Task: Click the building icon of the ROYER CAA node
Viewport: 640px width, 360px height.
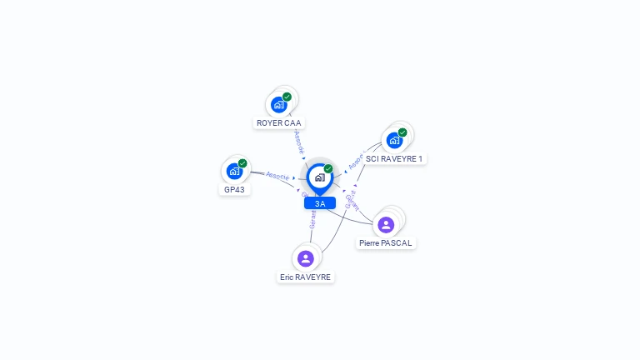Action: coord(279,105)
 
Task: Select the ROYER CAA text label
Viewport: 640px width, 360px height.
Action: coord(279,123)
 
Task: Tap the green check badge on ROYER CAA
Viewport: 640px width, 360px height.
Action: coord(287,97)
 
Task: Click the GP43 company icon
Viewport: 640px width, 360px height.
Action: coord(234,172)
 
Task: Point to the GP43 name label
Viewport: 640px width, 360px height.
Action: coord(234,189)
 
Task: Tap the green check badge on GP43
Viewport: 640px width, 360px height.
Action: coord(242,163)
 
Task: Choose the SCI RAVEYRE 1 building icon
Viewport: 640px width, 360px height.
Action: coord(394,140)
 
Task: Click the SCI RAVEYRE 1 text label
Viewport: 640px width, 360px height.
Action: coord(394,158)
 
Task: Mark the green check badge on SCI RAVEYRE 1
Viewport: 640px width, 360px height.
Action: coord(402,132)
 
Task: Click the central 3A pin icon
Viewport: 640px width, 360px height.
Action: coord(319,177)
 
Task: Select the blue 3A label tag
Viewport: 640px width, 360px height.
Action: coord(320,203)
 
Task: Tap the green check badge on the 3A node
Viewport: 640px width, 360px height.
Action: coord(328,168)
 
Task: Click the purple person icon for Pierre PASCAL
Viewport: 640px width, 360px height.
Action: coord(386,224)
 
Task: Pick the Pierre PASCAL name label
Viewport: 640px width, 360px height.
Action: coord(386,243)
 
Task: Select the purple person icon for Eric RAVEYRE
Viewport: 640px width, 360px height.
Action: coord(306,258)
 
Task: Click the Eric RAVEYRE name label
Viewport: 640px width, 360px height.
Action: coord(306,277)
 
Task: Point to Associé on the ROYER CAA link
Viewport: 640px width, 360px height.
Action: coord(298,141)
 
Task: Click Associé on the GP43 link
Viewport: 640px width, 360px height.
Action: coord(277,176)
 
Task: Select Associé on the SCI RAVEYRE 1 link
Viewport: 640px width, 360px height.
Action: coord(357,162)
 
